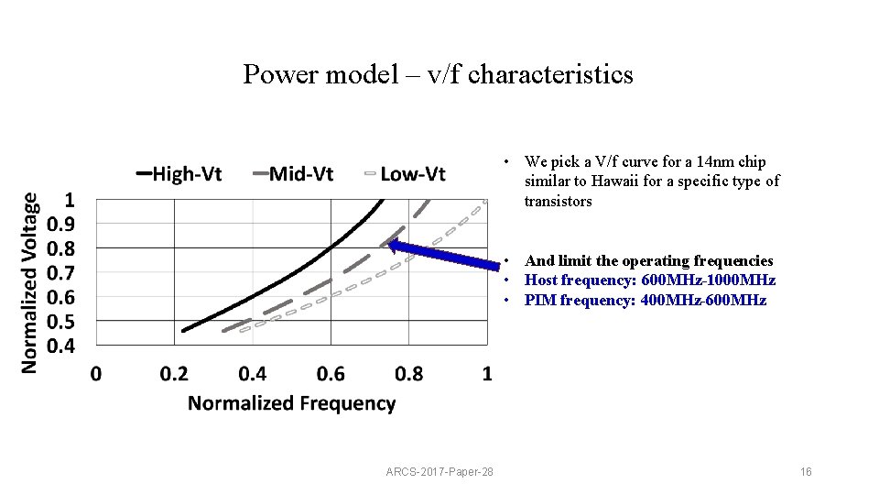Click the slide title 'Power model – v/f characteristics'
(x=438, y=74)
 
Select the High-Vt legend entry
(x=179, y=173)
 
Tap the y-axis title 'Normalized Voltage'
(x=30, y=281)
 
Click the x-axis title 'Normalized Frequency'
(x=291, y=403)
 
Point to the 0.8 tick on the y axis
(x=62, y=248)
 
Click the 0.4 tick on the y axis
(x=62, y=346)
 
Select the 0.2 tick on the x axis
(x=174, y=373)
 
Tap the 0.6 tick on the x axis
(x=331, y=373)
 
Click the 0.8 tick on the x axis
(x=408, y=373)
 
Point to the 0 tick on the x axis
(x=96, y=373)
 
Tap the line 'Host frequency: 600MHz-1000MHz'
(x=649, y=280)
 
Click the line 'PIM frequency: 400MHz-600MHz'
(x=645, y=301)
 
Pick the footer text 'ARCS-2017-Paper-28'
(x=439, y=472)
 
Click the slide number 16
(x=806, y=472)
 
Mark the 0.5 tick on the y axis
(x=62, y=321)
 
